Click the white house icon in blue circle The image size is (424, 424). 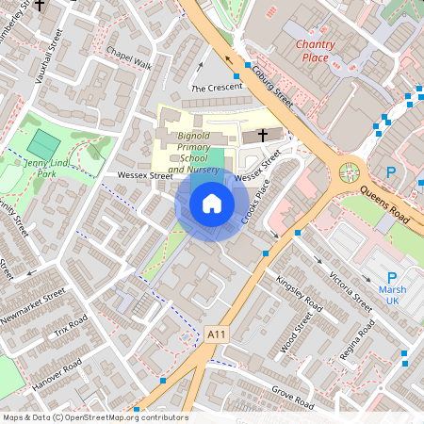click(212, 204)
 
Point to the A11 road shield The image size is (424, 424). click(217, 334)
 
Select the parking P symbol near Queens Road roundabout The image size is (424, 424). click(391, 172)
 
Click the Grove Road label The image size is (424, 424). click(291, 396)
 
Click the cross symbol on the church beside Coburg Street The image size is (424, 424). click(261, 136)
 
